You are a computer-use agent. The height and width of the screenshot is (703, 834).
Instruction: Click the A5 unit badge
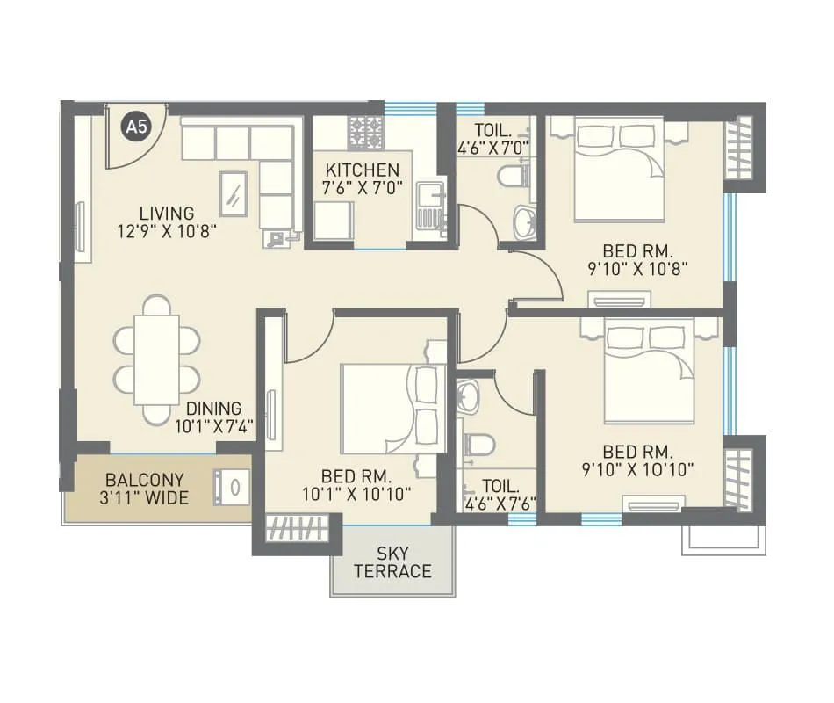(136, 127)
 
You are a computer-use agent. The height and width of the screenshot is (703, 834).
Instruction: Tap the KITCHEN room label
(362, 178)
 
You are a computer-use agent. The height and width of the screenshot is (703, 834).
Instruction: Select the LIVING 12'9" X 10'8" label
(166, 221)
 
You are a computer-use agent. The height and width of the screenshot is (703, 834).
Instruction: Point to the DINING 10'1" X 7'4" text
(214, 417)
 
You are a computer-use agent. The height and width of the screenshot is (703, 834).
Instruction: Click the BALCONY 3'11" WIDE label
(145, 489)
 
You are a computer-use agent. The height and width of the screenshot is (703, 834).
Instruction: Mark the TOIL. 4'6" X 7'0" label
(493, 138)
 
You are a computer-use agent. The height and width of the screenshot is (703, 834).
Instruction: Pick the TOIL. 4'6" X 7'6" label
(497, 494)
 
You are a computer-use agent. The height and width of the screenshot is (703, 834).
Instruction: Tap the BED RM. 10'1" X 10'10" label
(356, 485)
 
